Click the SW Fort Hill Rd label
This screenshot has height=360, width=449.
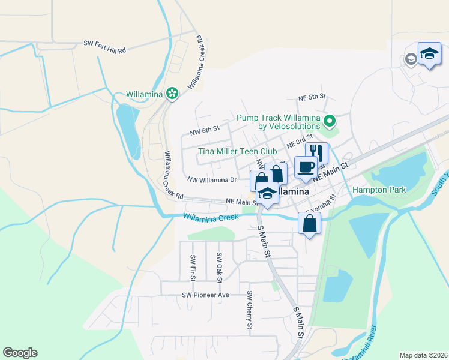104,44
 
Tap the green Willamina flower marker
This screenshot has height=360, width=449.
172,93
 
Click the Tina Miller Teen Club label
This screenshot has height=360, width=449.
238,151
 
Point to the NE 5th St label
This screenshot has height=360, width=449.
312,96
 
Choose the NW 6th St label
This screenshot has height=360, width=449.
204,129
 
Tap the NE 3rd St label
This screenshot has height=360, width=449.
300,142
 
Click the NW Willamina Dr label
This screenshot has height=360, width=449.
212,179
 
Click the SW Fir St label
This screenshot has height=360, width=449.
193,268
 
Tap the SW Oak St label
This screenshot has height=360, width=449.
220,268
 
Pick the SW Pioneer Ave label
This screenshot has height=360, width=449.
206,295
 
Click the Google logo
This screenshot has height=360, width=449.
20,353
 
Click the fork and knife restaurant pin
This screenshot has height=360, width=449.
317,153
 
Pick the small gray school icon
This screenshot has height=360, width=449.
411,59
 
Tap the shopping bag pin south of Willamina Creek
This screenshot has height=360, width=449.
309,224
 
